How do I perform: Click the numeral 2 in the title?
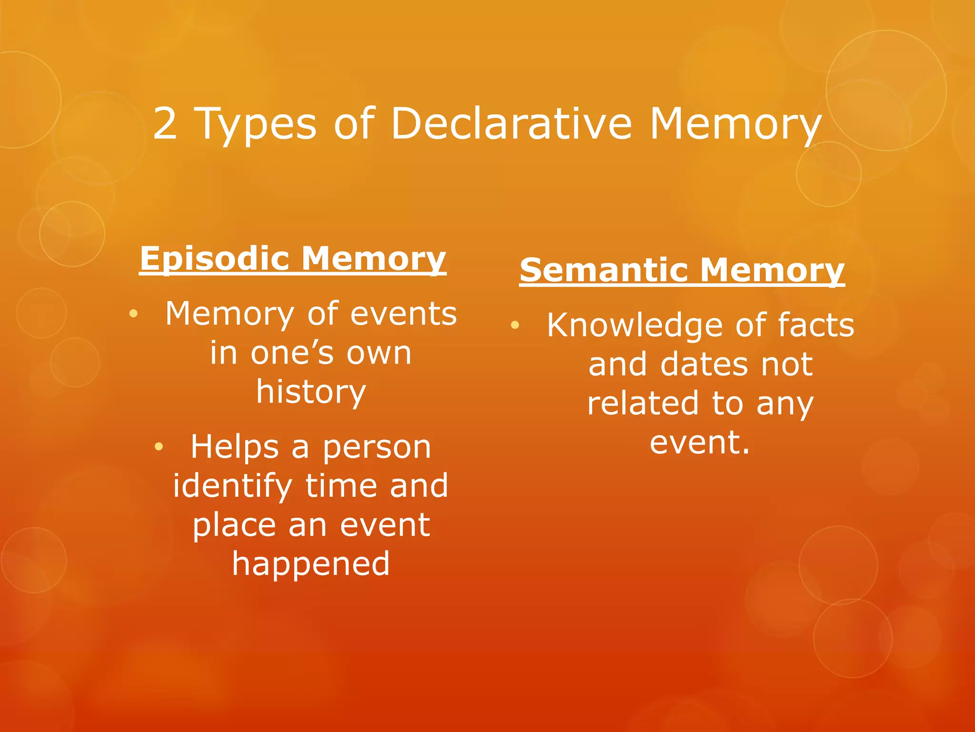pos(165,123)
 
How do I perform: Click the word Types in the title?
pos(256,125)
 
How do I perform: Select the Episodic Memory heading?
pos(293,259)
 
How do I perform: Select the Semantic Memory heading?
pos(682,270)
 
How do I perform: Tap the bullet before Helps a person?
pos(159,447)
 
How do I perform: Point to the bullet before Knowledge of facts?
pos(514,325)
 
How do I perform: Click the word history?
pos(311,392)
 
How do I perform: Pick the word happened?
pos(311,564)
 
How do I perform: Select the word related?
pos(643,404)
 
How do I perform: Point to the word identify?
pos(232,486)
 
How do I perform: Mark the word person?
pos(377,448)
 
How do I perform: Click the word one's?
pos(291,353)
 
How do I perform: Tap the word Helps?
pos(234,447)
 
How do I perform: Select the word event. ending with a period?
pos(700,442)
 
